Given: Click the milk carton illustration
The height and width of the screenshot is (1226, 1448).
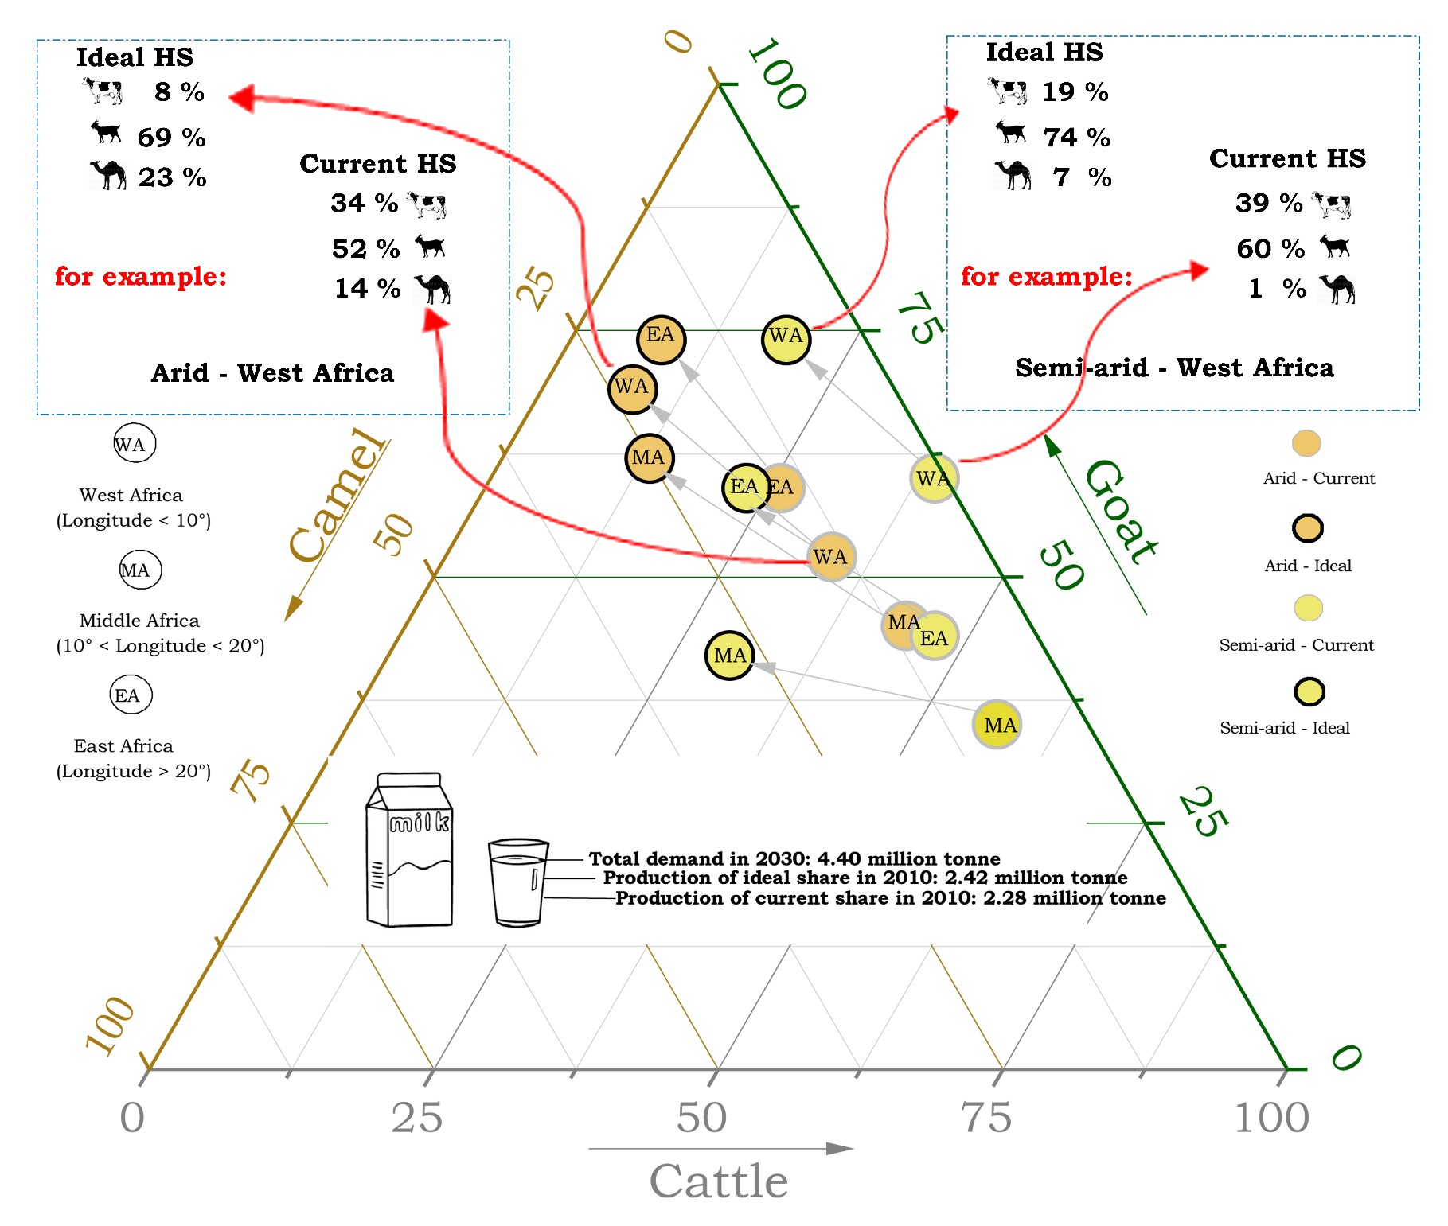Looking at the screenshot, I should (x=409, y=850).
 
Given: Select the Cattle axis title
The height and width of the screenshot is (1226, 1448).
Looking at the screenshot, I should (x=718, y=1181).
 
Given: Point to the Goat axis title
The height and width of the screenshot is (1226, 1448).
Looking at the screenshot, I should (x=1121, y=512).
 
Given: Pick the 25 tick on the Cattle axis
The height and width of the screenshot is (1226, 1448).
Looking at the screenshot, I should (x=416, y=1117).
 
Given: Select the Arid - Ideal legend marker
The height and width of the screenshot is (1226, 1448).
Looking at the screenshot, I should (x=1307, y=527).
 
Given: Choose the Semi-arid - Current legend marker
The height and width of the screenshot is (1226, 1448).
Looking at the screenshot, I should (x=1307, y=608).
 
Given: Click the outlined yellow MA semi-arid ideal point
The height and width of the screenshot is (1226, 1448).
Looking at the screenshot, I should (x=729, y=656).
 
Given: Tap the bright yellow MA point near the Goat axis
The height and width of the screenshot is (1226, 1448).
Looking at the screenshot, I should (x=997, y=725).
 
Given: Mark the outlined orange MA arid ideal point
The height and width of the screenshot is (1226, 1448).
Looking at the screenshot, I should (x=650, y=457).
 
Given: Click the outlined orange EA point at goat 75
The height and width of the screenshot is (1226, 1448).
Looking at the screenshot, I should (x=661, y=338).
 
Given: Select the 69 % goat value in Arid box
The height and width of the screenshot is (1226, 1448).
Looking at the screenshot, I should (x=171, y=138).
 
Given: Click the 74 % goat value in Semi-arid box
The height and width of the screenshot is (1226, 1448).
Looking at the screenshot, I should (x=1076, y=138).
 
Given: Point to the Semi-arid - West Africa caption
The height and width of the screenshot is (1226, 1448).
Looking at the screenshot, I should (x=1174, y=368).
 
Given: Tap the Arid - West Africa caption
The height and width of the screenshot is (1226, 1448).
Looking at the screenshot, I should (x=272, y=373).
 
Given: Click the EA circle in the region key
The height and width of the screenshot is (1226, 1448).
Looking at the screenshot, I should (x=130, y=695).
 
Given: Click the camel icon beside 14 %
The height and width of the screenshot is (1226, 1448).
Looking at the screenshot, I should (x=433, y=288).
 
